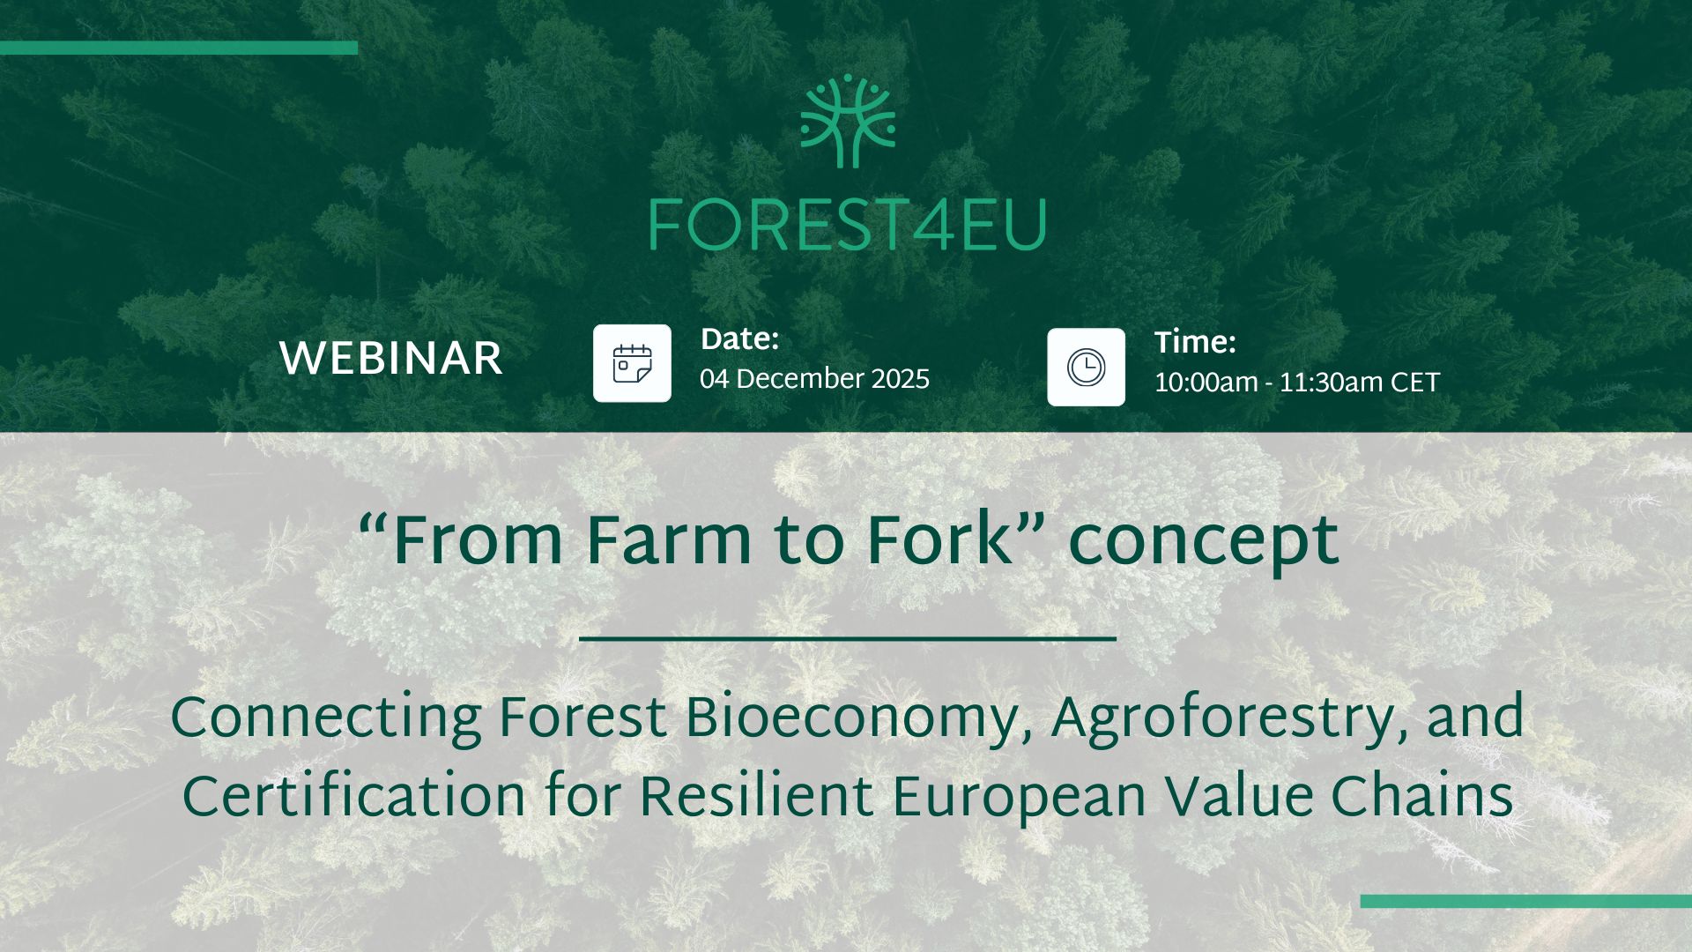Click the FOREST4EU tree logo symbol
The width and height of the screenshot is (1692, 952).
[847, 122]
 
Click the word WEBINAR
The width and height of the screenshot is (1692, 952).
[390, 359]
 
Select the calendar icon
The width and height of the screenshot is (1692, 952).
[632, 363]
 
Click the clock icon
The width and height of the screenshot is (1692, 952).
[1086, 367]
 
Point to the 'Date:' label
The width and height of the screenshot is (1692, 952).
[739, 339]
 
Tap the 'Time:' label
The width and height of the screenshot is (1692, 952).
[1195, 342]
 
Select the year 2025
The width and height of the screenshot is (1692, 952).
[901, 379]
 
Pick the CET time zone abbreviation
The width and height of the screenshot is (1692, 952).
[1415, 383]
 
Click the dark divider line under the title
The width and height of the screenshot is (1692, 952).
[848, 637]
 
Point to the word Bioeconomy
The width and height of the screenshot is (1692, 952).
[851, 721]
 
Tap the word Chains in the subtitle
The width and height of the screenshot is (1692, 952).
[1422, 797]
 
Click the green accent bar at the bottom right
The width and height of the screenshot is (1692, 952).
[1526, 901]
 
